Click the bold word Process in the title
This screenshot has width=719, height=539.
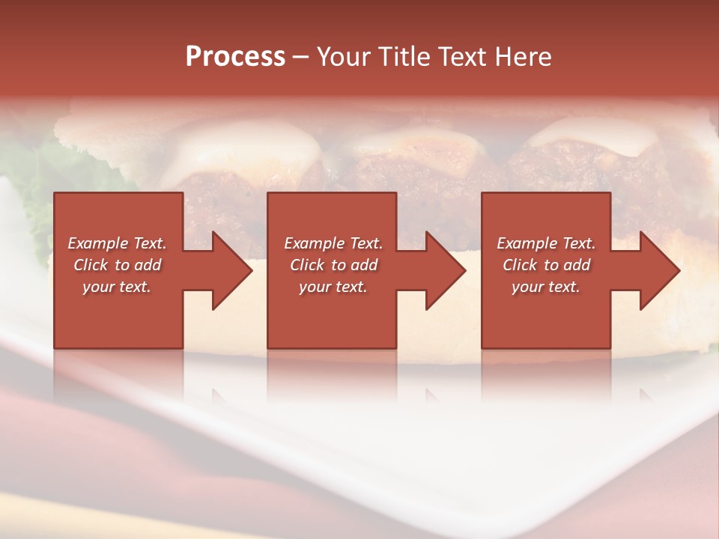235,57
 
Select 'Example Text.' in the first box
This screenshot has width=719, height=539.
117,243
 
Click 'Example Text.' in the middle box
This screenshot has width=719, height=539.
333,243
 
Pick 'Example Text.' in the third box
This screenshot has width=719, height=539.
546,243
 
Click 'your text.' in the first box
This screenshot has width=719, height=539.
117,287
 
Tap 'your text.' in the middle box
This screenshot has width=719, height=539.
333,287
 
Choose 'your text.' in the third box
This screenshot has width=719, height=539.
546,287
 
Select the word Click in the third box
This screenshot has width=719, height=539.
521,265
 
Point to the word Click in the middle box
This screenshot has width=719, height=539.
308,265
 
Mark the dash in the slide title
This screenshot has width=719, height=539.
300,57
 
